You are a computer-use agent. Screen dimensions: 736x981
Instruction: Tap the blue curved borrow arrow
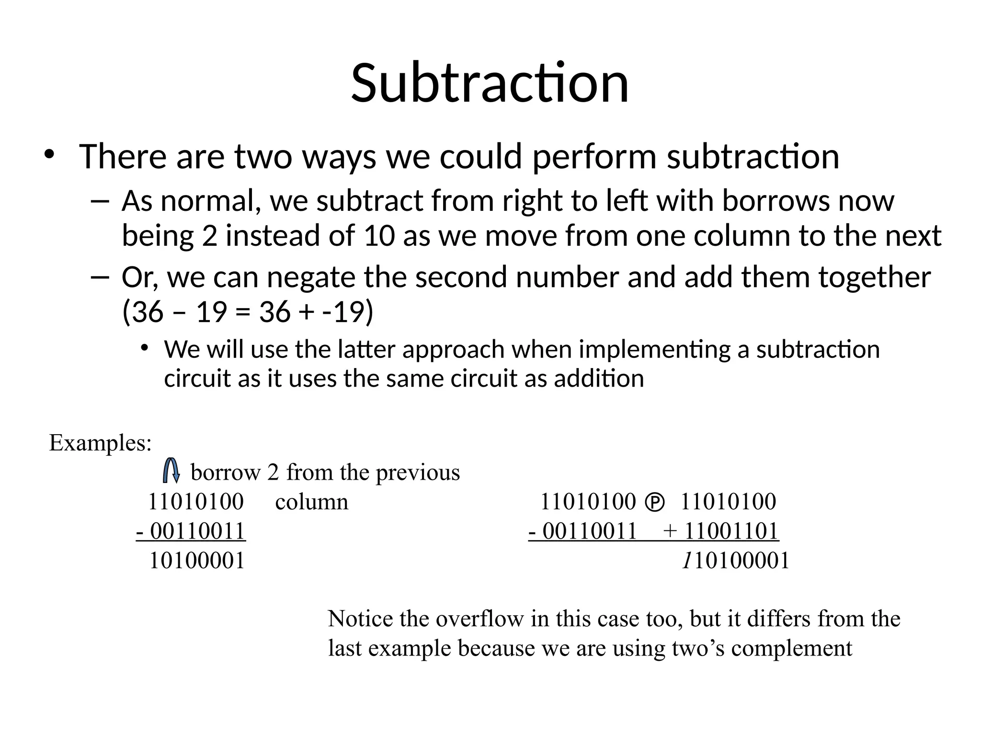[x=171, y=471]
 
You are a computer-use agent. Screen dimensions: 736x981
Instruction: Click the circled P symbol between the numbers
[x=655, y=503]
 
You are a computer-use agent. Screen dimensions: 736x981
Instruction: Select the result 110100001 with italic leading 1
[x=736, y=561]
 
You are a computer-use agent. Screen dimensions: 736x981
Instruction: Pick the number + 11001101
[x=721, y=531]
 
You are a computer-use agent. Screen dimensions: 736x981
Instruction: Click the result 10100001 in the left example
[x=197, y=561]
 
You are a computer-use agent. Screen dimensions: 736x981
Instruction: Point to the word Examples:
[x=100, y=443]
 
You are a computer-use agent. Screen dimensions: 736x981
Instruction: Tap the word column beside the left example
[x=312, y=502]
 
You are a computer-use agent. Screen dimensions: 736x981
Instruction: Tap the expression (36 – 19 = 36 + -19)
[x=248, y=312]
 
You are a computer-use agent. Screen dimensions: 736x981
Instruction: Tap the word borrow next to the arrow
[x=225, y=472]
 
